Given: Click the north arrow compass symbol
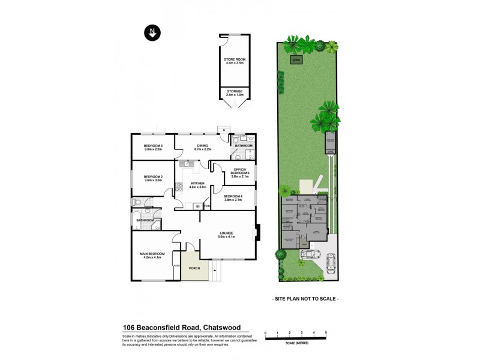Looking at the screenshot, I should [x=152, y=33].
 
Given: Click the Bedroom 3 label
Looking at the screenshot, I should [x=153, y=146].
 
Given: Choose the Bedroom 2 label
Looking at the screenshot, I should [x=153, y=177].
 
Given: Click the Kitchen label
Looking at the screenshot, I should [x=198, y=183].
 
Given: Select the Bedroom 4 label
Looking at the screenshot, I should [x=233, y=196].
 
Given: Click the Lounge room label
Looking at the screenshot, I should [x=226, y=233].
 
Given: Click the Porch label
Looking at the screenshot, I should [x=194, y=268].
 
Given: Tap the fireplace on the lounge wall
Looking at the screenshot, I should [x=257, y=233].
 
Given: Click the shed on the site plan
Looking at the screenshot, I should [x=296, y=60].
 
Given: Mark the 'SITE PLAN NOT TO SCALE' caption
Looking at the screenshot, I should [x=305, y=298].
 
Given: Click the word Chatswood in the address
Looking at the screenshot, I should [x=221, y=328].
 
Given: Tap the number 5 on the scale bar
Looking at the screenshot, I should [x=326, y=332].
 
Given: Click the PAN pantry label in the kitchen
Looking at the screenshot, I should [x=207, y=206].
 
